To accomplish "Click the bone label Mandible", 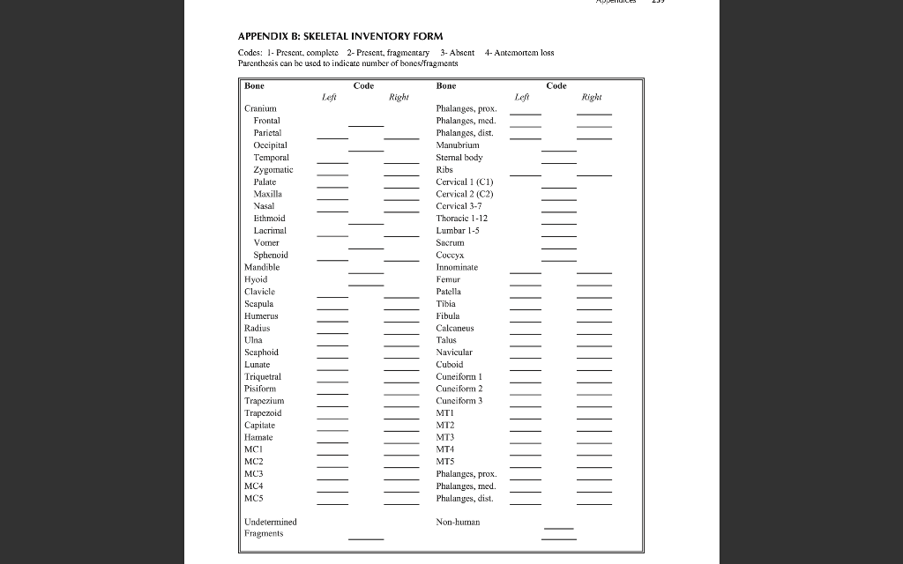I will coord(262,266).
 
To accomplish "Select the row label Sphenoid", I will coord(271,255).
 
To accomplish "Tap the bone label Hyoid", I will coord(256,278).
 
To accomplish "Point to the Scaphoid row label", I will coord(261,352).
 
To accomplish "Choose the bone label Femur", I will coord(450,278).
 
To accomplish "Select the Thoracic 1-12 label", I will coord(461,218).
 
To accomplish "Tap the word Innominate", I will coord(457,266).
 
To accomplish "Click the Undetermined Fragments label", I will coord(270,527).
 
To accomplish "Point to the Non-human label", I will coord(458,522).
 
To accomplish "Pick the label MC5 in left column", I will coord(254,498).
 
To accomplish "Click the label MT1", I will coord(445,412).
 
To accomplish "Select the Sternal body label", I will coord(459,157).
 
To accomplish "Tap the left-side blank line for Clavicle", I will coord(332,298).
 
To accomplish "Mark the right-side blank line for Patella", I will coord(593,298).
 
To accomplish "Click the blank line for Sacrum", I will coord(558,249).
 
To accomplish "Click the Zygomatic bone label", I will coord(273,169).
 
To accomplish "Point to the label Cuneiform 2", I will coord(459,388).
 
